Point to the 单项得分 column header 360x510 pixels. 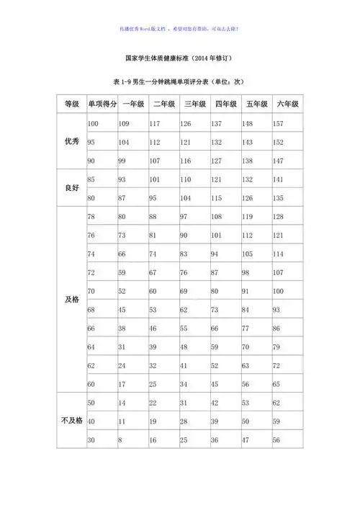(102, 104)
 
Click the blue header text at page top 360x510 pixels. (180, 30)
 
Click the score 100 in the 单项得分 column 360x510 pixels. (93, 124)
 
